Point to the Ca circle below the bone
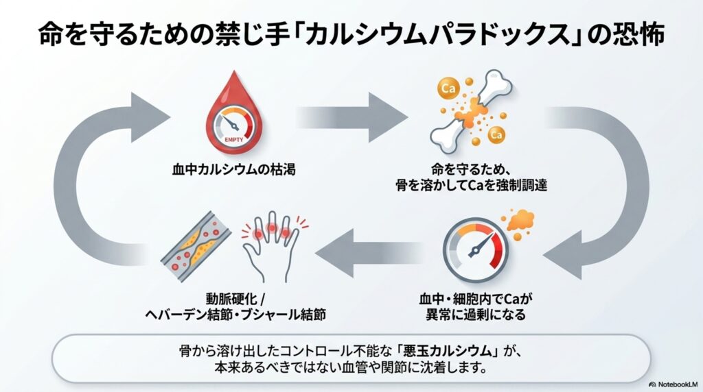pos(498,136)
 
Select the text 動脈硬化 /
pos(235,299)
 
